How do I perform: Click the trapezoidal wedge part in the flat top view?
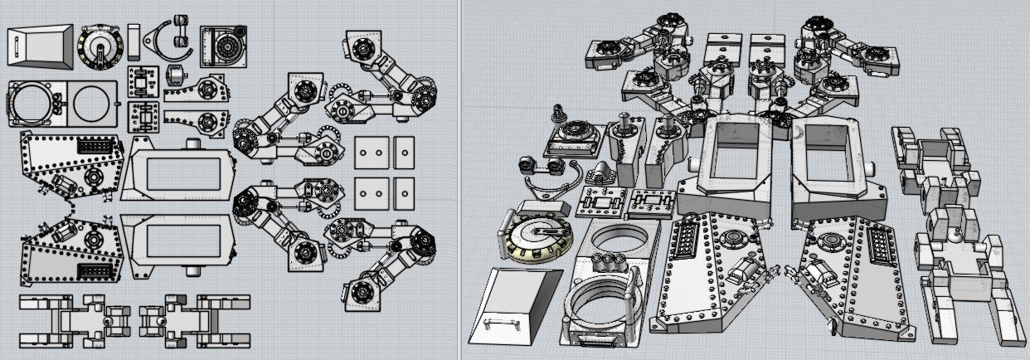click(x=38, y=45)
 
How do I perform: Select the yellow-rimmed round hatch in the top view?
click(x=100, y=46)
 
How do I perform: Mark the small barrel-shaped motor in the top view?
click(x=175, y=75)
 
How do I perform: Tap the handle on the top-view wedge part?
click(x=14, y=46)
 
